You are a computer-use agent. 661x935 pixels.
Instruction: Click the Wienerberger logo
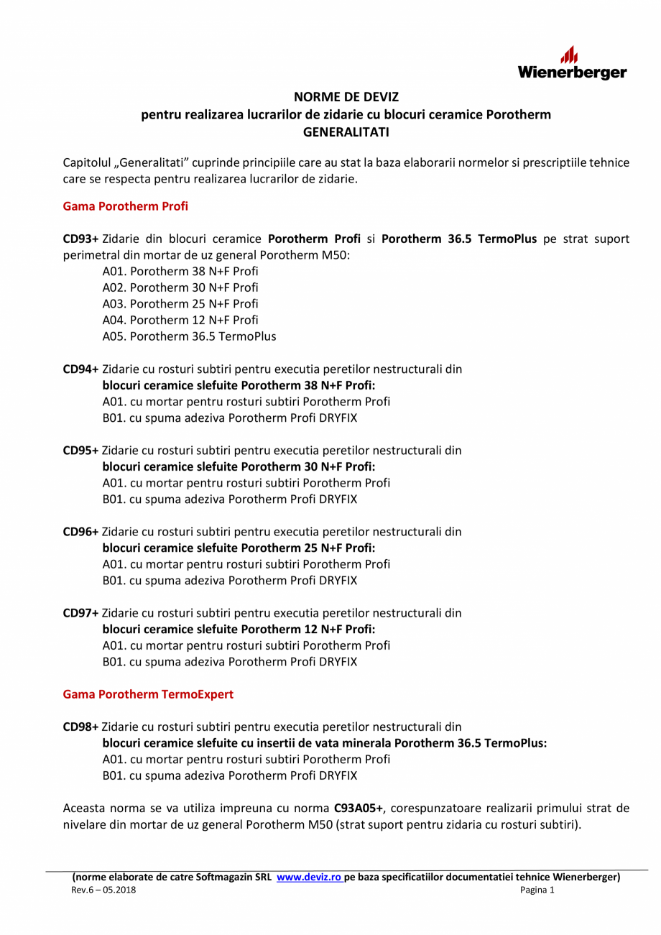coord(572,63)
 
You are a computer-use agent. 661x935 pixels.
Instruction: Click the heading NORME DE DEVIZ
coord(346,96)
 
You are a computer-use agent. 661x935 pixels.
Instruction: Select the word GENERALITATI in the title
coord(346,132)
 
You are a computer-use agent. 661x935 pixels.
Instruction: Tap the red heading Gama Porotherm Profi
coord(126,206)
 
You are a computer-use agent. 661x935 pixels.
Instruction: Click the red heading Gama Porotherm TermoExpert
coord(148,694)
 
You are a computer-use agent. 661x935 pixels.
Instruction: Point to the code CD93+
coord(80,239)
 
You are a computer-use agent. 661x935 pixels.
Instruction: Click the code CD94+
coord(80,369)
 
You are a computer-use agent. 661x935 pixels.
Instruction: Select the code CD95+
coord(80,450)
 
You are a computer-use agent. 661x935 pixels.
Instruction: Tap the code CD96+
coord(80,531)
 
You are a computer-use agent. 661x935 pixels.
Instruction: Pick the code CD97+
coord(80,612)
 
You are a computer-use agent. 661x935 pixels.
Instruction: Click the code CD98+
coord(80,727)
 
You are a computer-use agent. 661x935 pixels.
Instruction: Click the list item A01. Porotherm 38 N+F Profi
coord(180,271)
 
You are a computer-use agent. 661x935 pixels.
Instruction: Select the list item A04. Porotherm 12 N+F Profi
coord(180,320)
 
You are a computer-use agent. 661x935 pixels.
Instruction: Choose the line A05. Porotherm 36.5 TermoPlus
coord(189,336)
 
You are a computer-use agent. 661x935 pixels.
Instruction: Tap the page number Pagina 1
coord(537,890)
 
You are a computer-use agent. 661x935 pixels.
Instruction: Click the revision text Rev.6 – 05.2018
coord(103,890)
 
